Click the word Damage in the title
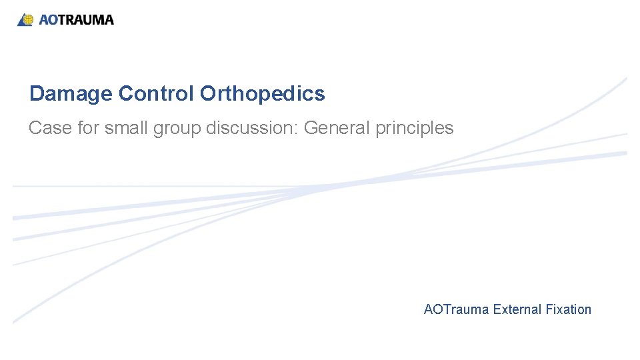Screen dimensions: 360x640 coord(71,94)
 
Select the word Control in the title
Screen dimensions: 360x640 coord(156,94)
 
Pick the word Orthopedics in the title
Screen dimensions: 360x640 coord(262,94)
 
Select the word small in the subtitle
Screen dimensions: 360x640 coord(127,128)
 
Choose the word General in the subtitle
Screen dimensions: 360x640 coord(337,128)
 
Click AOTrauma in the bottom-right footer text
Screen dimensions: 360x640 coord(456,309)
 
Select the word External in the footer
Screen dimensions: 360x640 coord(517,309)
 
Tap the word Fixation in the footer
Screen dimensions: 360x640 coord(568,309)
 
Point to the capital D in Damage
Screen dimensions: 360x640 coord(36,94)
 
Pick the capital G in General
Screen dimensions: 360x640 coord(311,128)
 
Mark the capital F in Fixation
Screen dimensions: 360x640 coord(549,309)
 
